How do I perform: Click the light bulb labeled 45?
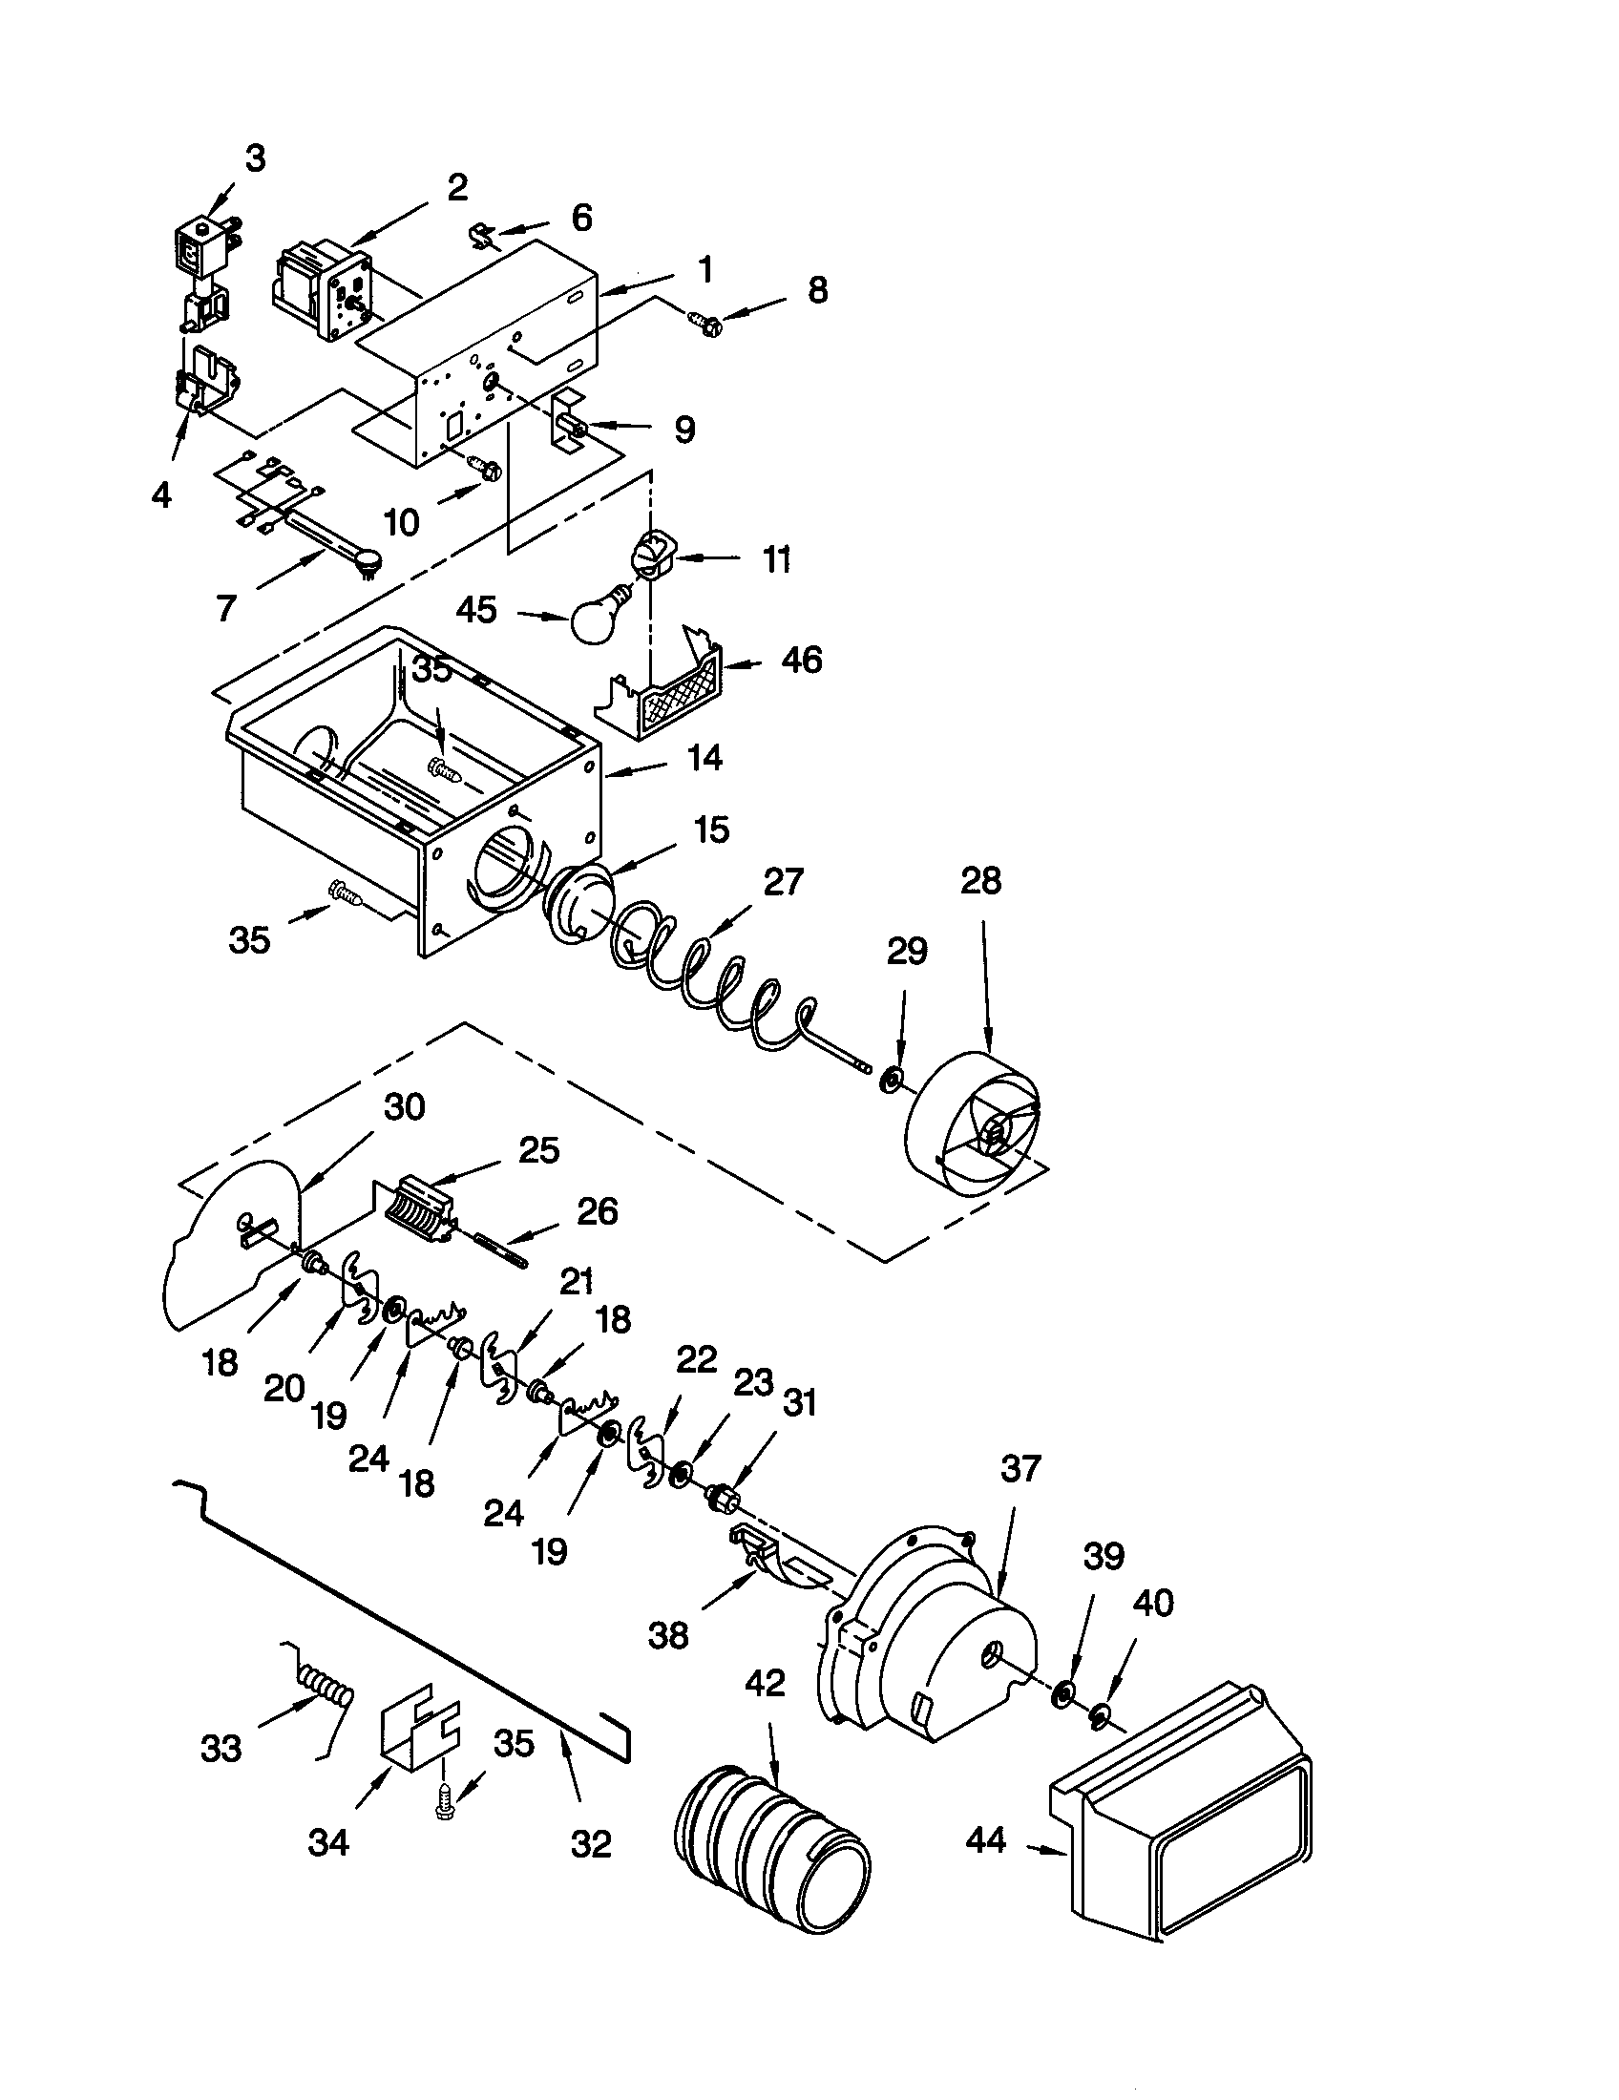pos(598,614)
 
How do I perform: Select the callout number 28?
pos(980,881)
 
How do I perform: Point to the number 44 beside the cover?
pos(985,1839)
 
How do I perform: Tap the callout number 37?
pos(1020,1468)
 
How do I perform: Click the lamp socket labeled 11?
pos(650,556)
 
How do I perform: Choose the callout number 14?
pos(704,758)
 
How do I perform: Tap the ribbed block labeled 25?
pos(419,1207)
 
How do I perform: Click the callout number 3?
pos(254,158)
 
